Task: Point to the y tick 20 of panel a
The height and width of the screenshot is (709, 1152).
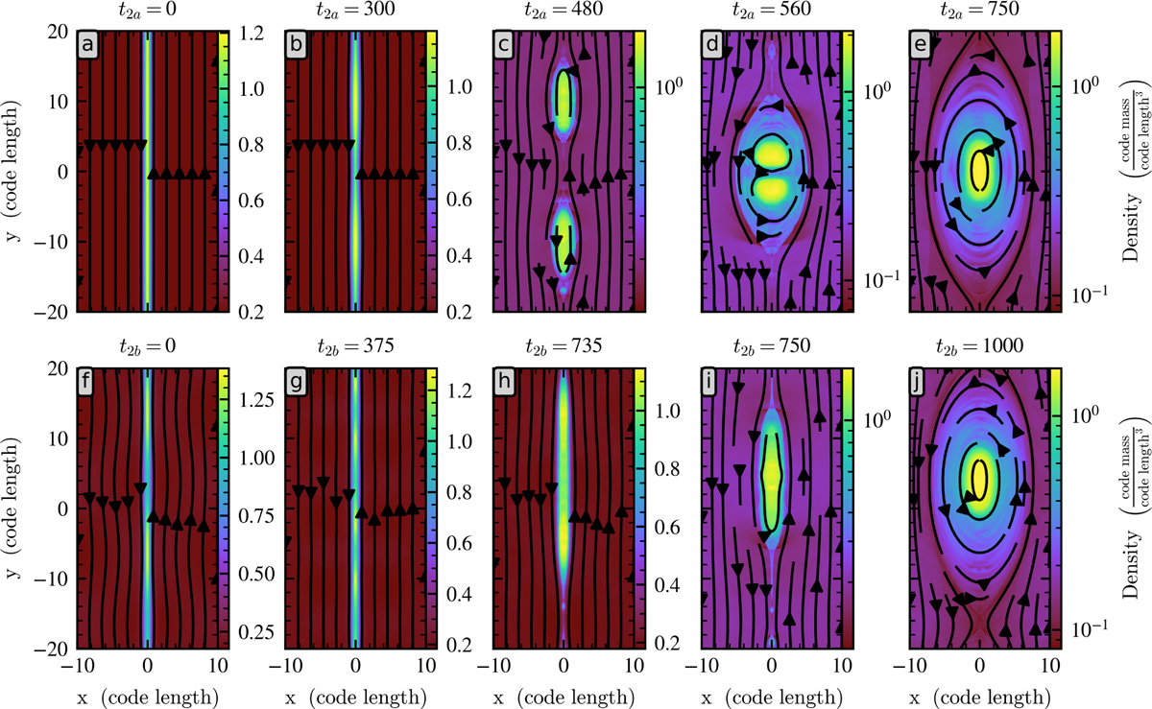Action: coord(60,32)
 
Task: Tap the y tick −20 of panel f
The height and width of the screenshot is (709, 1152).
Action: coord(56,650)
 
